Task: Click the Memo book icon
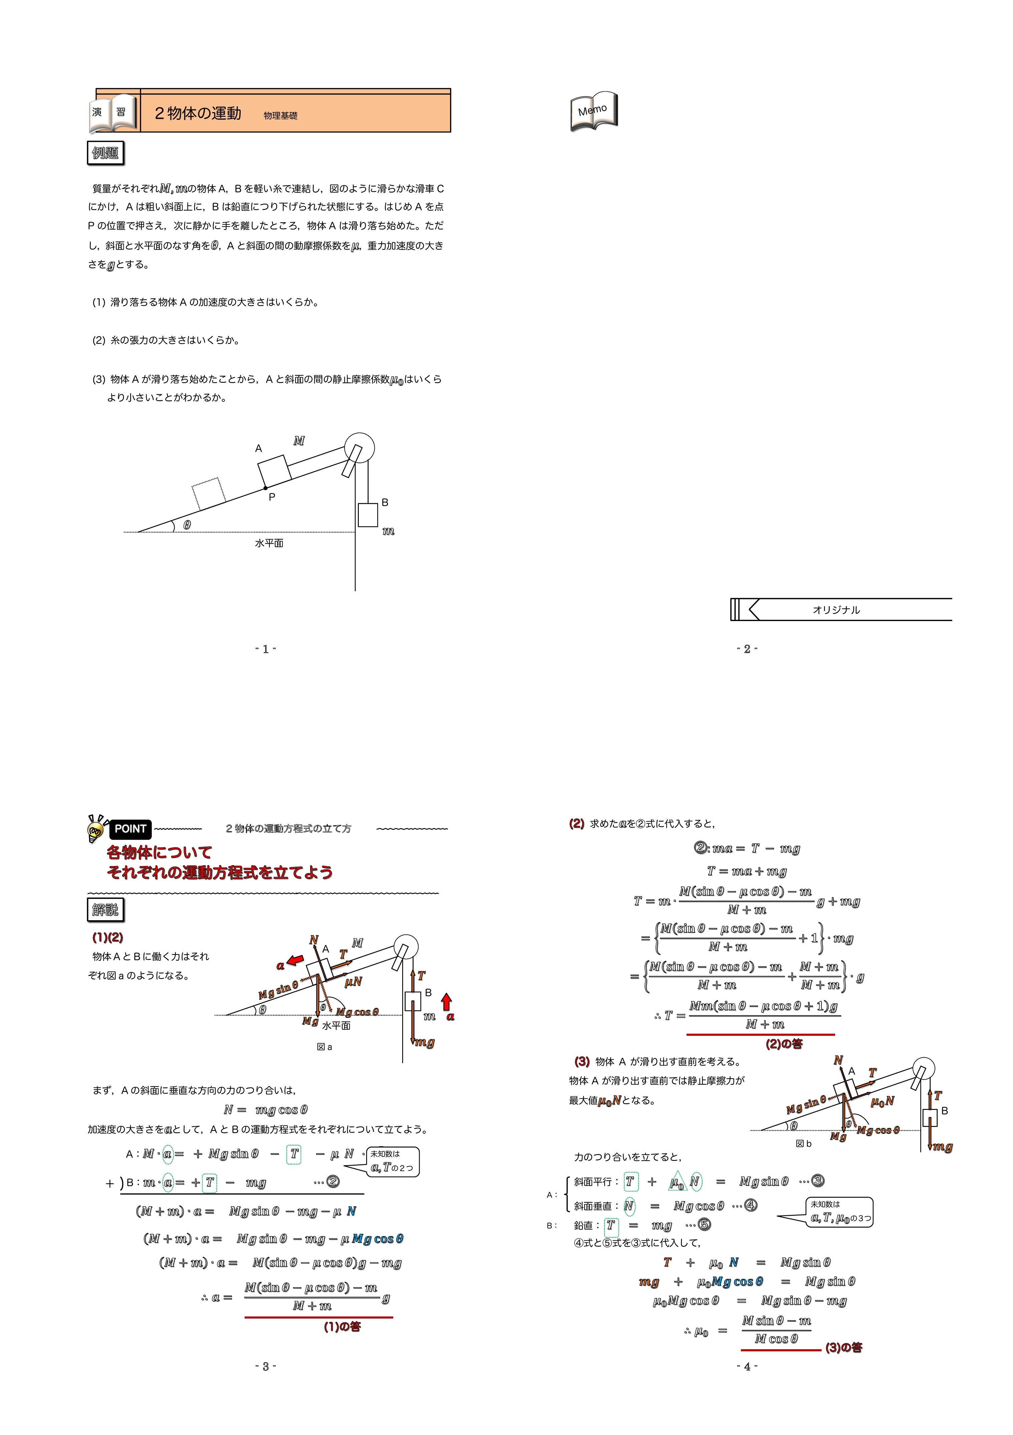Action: click(594, 111)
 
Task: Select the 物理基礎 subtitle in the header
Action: click(281, 115)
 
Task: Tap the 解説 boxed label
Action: click(105, 910)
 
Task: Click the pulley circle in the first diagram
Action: click(359, 448)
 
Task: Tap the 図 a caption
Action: click(324, 1047)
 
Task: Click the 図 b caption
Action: click(804, 1144)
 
